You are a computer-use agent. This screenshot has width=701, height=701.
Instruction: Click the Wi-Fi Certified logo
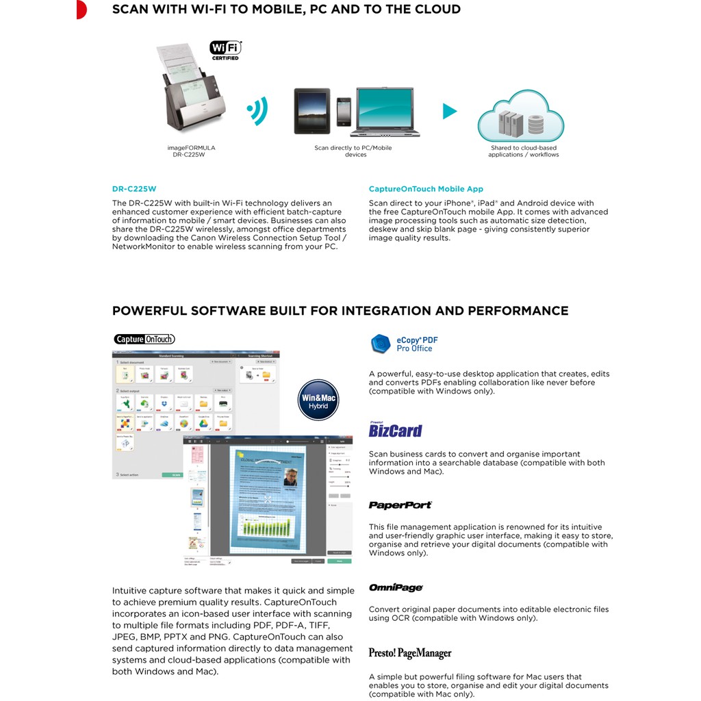[225, 50]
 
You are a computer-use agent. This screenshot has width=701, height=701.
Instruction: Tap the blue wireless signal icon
[257, 110]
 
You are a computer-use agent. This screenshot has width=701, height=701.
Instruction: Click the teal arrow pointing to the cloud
[449, 111]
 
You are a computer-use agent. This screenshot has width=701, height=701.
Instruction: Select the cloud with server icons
[521, 117]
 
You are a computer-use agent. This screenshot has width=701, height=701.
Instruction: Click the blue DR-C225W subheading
[129, 189]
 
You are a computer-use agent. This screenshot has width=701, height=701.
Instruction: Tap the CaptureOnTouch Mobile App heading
[426, 189]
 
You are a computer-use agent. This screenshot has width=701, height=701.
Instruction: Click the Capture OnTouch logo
[144, 339]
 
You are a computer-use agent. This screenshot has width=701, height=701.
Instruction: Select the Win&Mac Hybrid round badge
[319, 399]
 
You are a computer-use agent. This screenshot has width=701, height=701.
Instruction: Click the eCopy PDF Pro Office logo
[403, 344]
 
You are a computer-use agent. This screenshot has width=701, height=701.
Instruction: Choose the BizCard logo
[395, 431]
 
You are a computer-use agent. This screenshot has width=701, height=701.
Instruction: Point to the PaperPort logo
[400, 505]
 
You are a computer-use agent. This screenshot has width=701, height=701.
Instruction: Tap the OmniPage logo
[396, 587]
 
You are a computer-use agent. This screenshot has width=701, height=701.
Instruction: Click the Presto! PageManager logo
[411, 653]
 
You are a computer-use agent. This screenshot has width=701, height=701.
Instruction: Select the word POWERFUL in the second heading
[149, 311]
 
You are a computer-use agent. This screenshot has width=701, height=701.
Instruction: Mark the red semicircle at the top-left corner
[81, 10]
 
